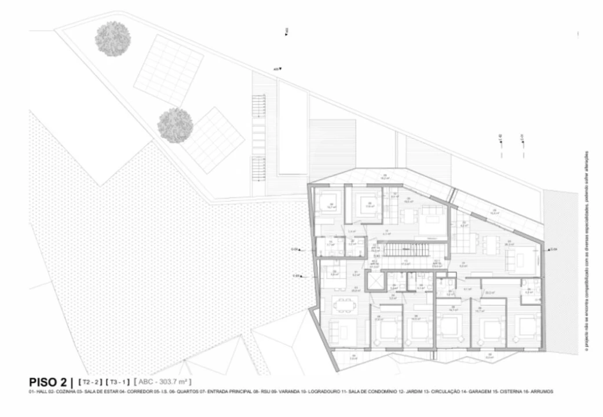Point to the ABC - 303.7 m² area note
pyautogui.click(x=163, y=382)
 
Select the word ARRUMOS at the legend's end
pyautogui.click(x=542, y=392)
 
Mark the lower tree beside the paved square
pyautogui.click(x=175, y=125)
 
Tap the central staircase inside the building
pyautogui.click(x=405, y=251)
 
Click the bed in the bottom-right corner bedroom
pyautogui.click(x=527, y=327)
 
